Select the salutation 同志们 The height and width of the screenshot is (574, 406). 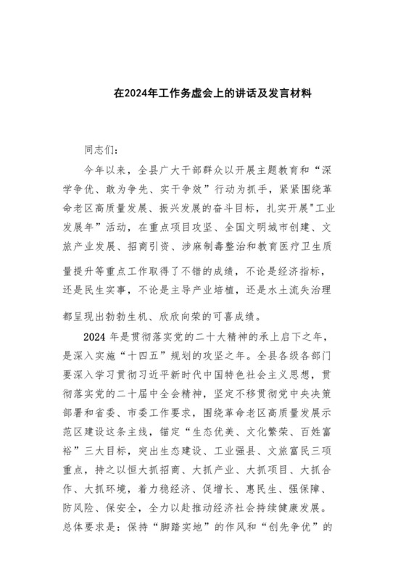tap(99, 151)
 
